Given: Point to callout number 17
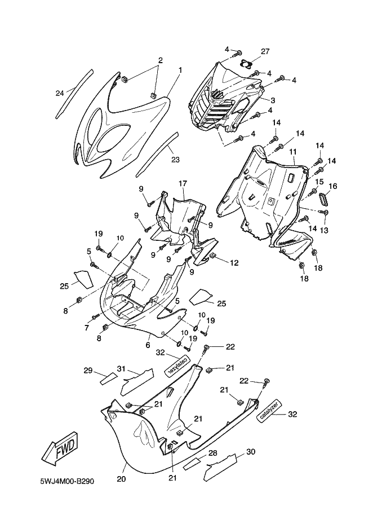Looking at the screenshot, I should click(x=183, y=183).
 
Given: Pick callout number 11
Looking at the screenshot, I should click(x=293, y=152).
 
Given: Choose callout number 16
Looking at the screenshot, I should click(x=333, y=187).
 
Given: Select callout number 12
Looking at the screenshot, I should click(x=234, y=262).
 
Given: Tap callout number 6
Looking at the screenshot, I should click(x=148, y=345).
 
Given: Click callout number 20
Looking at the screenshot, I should click(x=121, y=479).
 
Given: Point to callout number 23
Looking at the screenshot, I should click(x=175, y=160).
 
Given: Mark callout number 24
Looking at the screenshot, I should click(x=60, y=93).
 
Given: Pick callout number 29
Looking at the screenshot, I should click(x=87, y=371).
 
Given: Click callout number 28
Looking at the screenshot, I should click(x=212, y=453).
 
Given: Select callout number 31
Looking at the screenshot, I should click(x=121, y=368).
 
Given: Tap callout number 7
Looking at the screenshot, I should click(x=86, y=328).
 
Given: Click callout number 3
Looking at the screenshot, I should click(x=272, y=100).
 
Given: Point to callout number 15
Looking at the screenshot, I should click(x=319, y=182).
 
